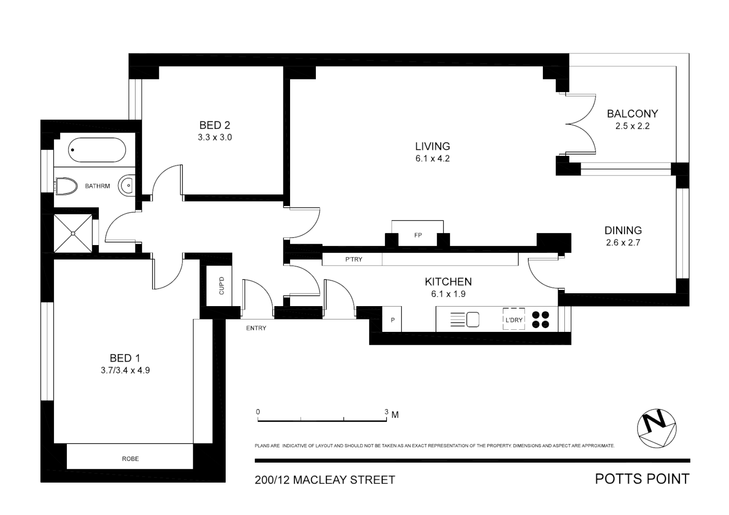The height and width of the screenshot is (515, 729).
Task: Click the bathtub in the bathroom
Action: tap(96, 150)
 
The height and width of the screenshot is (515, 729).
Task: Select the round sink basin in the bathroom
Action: tap(127, 185)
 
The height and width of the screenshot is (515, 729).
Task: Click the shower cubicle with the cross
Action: tap(73, 233)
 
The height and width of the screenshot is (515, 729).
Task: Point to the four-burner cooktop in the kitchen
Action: tap(541, 319)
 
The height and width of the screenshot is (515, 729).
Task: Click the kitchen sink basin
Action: tap(472, 319)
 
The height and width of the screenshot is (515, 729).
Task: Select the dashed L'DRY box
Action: tap(514, 319)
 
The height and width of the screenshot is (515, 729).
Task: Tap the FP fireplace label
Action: tap(418, 235)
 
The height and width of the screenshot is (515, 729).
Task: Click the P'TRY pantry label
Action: tap(354, 259)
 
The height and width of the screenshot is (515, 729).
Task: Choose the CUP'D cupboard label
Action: tap(221, 286)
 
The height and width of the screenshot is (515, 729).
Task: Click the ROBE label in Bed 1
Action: tap(130, 459)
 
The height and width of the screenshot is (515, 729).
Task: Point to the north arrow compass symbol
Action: tap(657, 429)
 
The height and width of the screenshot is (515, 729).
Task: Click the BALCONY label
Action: tap(632, 113)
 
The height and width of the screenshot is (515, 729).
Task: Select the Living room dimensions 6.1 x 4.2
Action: tap(432, 159)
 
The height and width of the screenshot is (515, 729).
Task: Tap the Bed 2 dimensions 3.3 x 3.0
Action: tap(215, 137)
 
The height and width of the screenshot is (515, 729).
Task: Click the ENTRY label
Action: tap(256, 328)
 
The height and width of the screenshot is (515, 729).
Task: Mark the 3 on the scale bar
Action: tap(386, 412)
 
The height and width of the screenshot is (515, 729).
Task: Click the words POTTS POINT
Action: tap(642, 479)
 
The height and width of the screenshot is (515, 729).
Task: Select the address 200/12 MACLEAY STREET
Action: tap(325, 480)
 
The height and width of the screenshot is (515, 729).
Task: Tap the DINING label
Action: tap(623, 230)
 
